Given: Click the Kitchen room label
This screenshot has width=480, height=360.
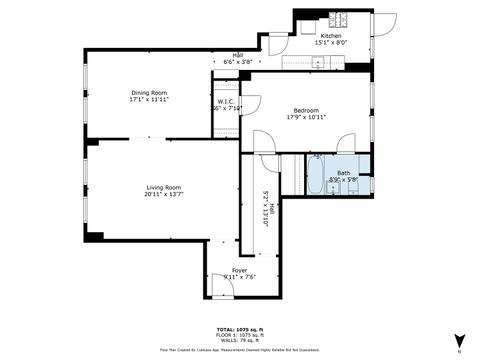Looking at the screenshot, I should pyautogui.click(x=331, y=35).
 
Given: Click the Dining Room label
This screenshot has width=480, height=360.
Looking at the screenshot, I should pyautogui.click(x=147, y=92).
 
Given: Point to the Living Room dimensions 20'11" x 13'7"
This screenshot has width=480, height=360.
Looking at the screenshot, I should pyautogui.click(x=162, y=193).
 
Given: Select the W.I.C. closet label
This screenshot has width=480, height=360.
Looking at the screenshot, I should pyautogui.click(x=226, y=102).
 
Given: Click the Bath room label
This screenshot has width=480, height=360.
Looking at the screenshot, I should pyautogui.click(x=343, y=173).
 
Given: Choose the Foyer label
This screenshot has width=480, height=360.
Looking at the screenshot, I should pyautogui.click(x=240, y=269).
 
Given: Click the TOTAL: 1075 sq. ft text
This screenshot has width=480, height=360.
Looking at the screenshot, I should pyautogui.click(x=240, y=328).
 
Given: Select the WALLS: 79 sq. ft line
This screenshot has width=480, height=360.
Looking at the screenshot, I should pyautogui.click(x=240, y=339).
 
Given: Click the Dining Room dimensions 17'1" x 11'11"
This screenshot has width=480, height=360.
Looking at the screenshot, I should pyautogui.click(x=147, y=100).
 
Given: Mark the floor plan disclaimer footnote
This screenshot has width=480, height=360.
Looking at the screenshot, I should pyautogui.click(x=240, y=349).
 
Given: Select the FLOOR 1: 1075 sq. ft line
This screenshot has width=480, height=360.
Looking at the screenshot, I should pyautogui.click(x=240, y=334).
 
